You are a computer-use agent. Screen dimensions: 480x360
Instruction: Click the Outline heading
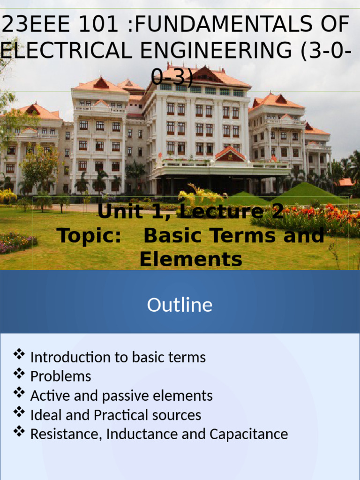[x=180, y=305]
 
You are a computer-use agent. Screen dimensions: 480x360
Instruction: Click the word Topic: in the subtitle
[x=89, y=235]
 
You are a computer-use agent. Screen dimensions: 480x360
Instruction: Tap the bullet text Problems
[x=60, y=376]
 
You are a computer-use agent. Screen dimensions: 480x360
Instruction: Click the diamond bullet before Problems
[x=19, y=374]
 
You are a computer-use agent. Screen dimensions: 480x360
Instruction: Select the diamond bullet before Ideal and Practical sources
[x=19, y=412]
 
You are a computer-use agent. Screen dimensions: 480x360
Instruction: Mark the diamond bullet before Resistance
[x=19, y=431]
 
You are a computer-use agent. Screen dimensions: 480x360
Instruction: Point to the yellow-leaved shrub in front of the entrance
[x=199, y=194]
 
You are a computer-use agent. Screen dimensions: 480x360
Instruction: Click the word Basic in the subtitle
[x=171, y=235]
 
